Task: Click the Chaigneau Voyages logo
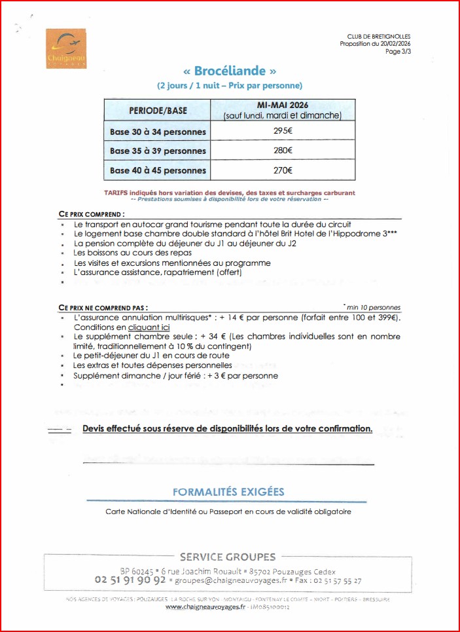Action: point(66,49)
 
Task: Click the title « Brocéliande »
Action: point(230,71)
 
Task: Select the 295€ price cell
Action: point(283,131)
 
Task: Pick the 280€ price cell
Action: point(283,151)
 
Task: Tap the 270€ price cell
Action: point(283,170)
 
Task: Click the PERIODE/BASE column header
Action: point(157,110)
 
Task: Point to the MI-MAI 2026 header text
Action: point(283,105)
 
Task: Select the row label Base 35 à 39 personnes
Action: point(158,151)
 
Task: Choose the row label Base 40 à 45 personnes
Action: point(158,170)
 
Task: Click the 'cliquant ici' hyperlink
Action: point(149,327)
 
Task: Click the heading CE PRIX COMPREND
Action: point(91,214)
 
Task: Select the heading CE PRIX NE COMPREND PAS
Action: point(103,307)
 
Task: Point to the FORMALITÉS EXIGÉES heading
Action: point(228,492)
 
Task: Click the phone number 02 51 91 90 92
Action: point(130,580)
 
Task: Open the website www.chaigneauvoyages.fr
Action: point(205,607)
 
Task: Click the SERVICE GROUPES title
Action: point(228,557)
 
